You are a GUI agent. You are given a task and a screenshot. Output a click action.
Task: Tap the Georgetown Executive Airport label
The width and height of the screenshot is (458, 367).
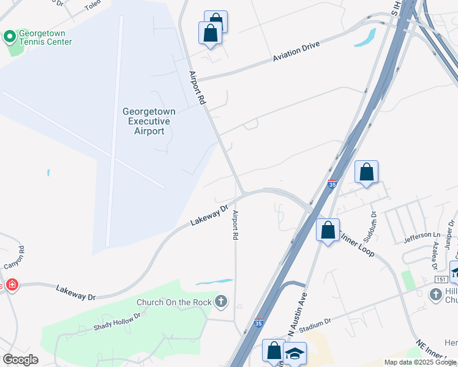149,121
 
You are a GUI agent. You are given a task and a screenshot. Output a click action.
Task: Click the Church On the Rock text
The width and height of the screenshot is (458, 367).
173,302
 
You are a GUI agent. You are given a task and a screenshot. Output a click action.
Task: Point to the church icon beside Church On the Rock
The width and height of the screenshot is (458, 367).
220,302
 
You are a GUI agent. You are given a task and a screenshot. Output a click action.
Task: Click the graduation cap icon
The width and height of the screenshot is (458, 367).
295,354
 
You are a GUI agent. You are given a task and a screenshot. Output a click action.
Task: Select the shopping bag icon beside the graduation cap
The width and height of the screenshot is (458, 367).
274,351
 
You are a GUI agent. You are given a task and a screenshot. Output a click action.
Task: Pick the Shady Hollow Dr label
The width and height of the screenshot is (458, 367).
117,322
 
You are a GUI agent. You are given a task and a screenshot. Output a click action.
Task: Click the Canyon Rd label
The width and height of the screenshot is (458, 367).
15,258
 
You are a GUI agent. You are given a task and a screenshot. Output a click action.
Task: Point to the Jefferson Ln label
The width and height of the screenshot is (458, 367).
422,235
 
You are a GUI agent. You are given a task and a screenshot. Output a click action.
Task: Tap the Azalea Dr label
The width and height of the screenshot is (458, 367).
435,255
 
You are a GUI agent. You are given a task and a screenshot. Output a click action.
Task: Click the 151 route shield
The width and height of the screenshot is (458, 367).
441,280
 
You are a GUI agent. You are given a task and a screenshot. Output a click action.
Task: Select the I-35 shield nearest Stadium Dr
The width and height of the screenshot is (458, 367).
260,322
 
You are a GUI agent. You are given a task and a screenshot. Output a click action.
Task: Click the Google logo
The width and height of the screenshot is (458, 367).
20,360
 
